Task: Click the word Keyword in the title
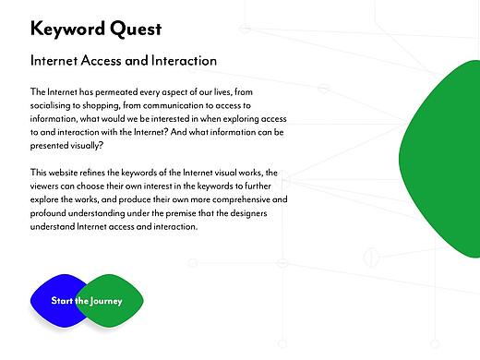tap(70, 29)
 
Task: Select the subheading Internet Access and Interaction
tap(123, 61)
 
